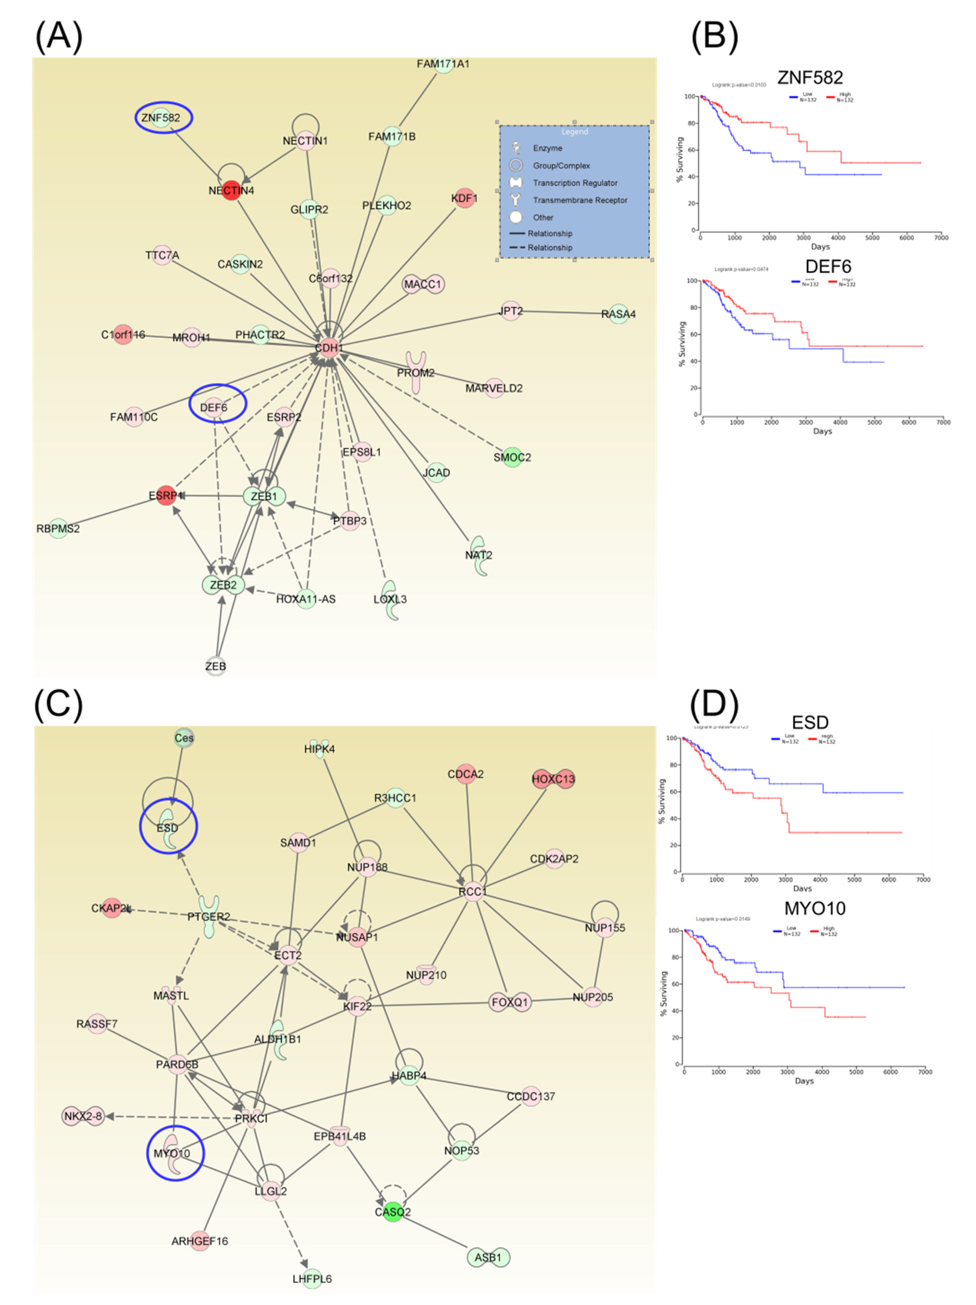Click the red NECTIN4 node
click(x=231, y=190)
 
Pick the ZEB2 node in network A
click(x=223, y=585)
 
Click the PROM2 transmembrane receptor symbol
click(x=416, y=372)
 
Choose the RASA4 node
click(x=618, y=314)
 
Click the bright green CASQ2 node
click(x=392, y=1212)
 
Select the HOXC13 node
click(x=553, y=779)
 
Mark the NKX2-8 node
click(x=83, y=1116)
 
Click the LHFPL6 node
click(x=312, y=1279)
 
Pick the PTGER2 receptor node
click(x=209, y=916)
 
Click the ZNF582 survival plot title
click(x=810, y=77)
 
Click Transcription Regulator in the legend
click(x=575, y=183)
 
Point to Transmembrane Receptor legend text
click(x=580, y=200)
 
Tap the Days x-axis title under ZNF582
click(x=820, y=247)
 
